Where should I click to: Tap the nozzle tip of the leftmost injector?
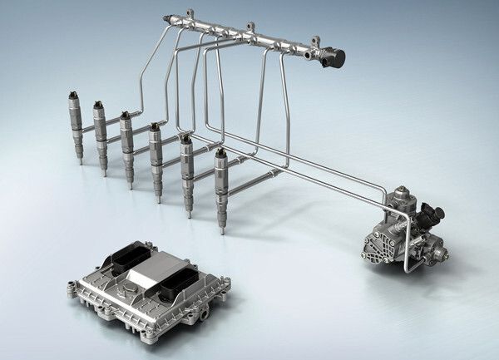point(80,160)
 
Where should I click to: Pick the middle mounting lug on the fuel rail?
point(250,28)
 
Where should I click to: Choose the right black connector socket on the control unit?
point(179,288)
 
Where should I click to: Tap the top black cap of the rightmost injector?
point(220,153)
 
